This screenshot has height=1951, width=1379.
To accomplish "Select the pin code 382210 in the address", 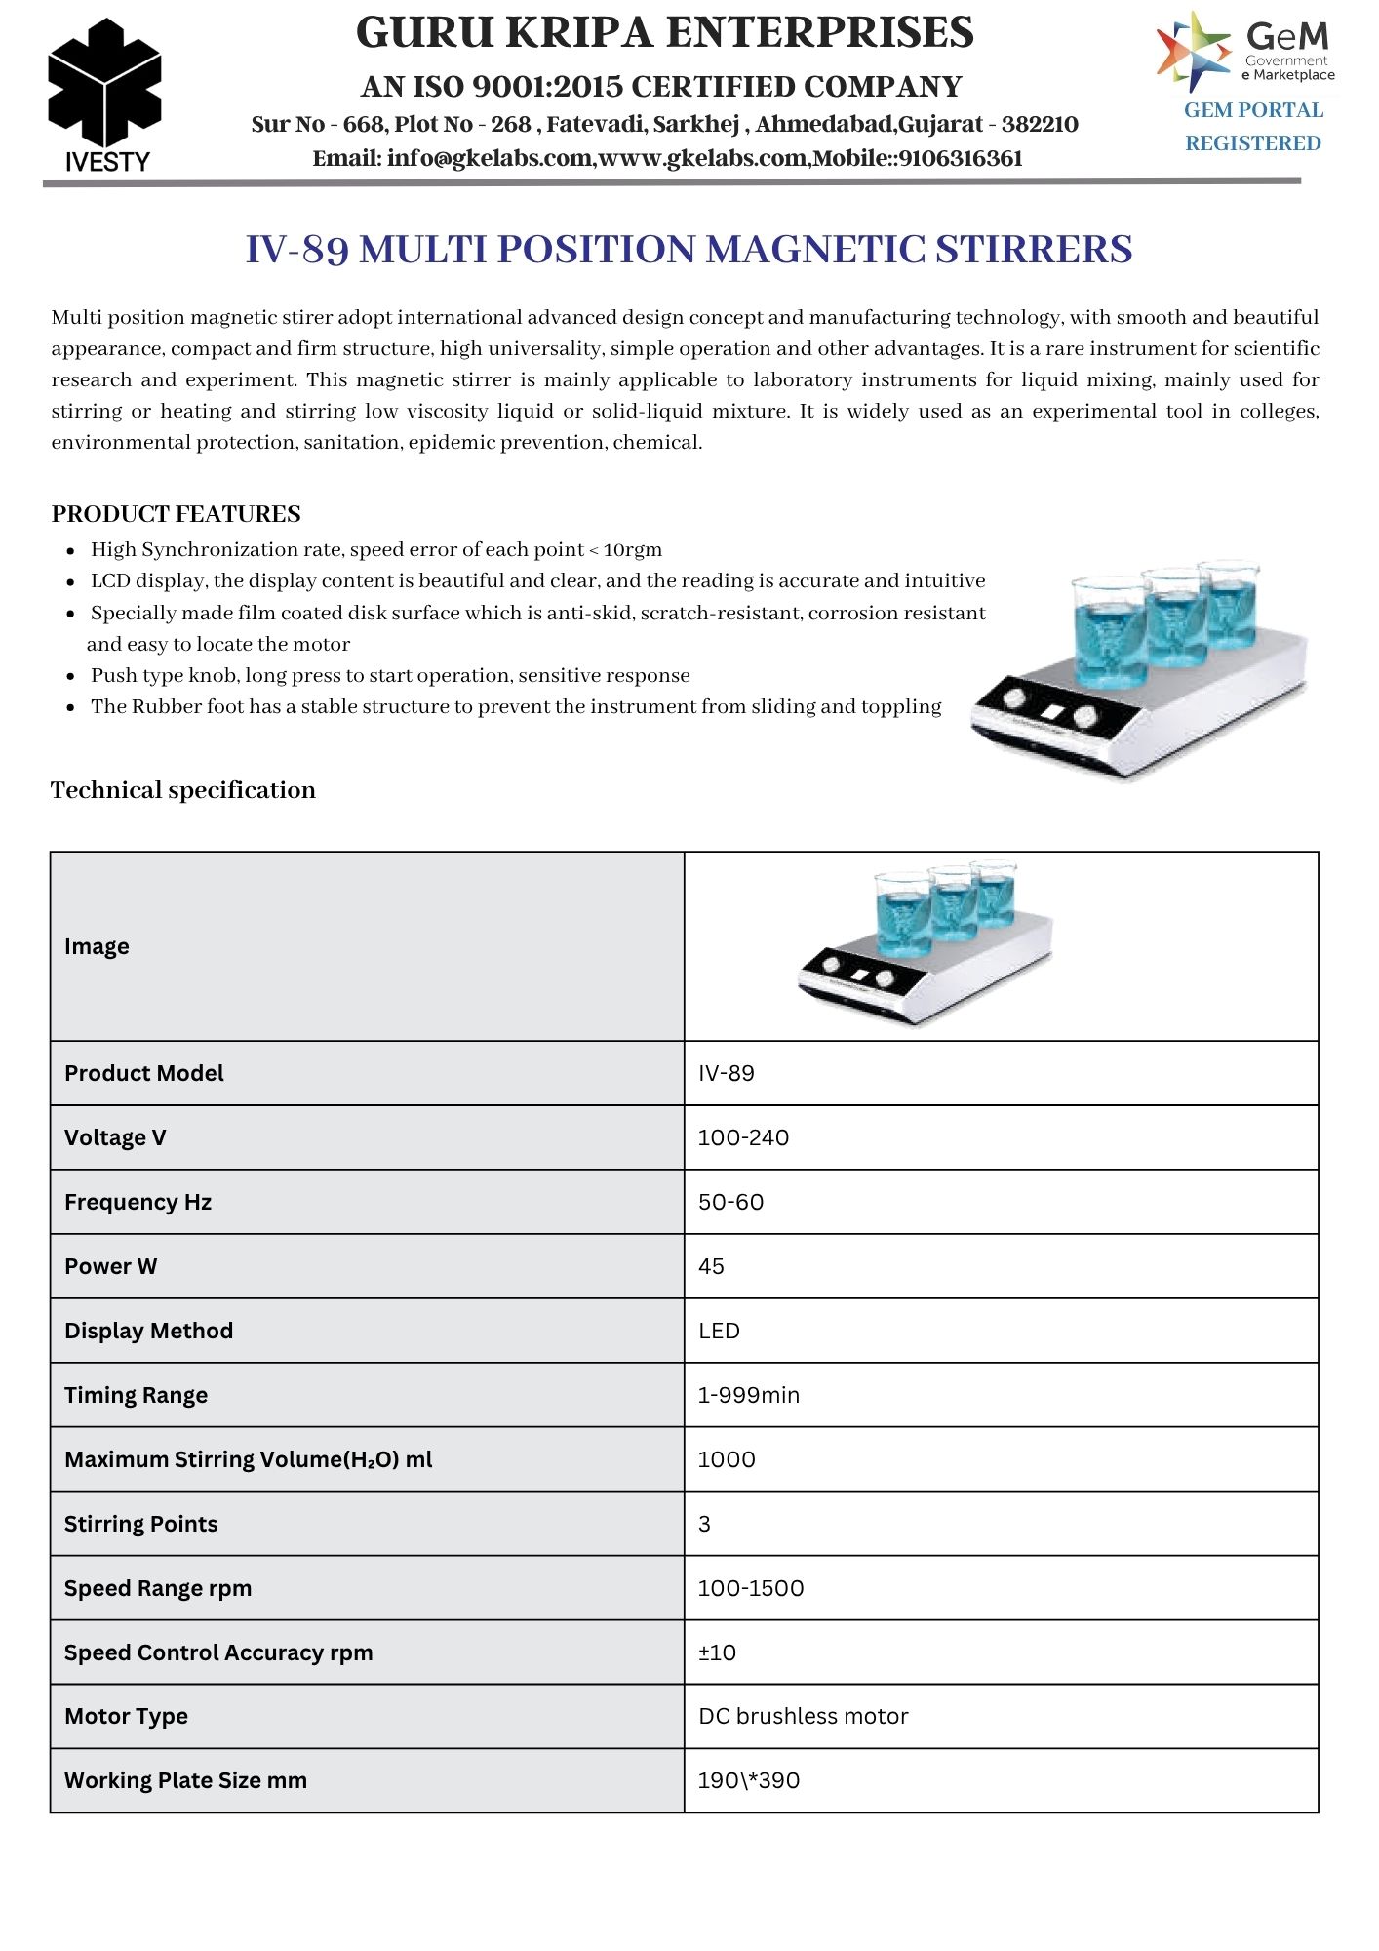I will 1040,125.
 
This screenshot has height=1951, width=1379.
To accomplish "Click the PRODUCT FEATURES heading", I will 176,514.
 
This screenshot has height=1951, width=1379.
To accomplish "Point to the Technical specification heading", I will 183,790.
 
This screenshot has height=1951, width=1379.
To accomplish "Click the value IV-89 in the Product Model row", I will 727,1073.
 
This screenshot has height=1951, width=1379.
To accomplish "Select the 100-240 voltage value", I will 743,1137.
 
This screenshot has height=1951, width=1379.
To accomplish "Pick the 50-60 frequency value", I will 730,1202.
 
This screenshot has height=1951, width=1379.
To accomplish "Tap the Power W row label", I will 110,1266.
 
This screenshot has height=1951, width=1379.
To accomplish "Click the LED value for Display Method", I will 719,1331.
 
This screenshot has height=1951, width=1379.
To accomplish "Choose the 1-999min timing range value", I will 748,1395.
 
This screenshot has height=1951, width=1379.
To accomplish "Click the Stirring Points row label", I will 141,1524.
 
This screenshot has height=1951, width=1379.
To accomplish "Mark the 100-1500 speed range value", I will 751,1588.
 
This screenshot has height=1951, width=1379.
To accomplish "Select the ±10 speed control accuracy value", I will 717,1652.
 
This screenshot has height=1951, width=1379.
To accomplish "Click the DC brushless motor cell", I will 803,1716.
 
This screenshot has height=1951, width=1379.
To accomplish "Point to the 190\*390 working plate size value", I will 748,1780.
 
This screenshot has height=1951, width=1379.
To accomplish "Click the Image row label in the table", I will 97,946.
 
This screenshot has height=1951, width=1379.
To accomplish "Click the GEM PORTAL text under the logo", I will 1253,110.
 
